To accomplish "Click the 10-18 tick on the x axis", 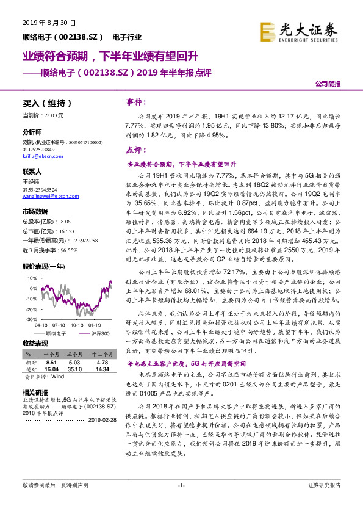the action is pyautogui.click(x=77, y=325).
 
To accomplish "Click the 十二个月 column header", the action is pyautogui.click(x=100, y=354).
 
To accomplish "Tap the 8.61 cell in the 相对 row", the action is pyautogui.click(x=51, y=362).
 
